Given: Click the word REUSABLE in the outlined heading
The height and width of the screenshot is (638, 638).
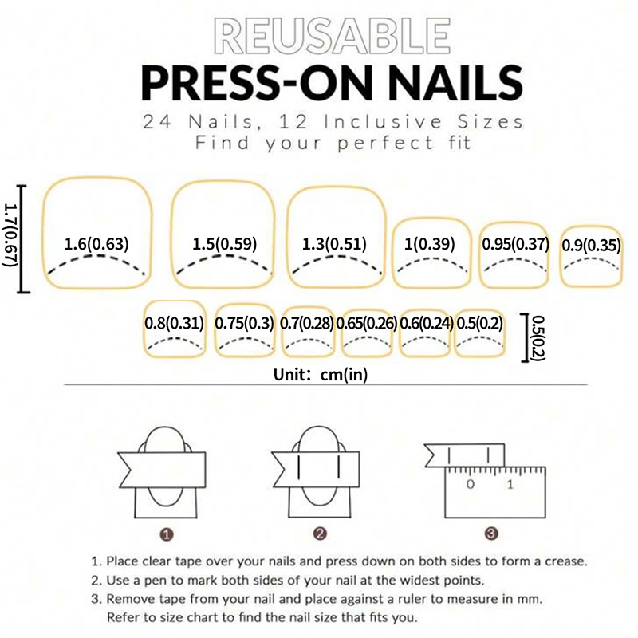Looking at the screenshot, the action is point(332,36).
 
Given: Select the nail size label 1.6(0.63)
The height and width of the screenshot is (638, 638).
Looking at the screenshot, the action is point(96,244).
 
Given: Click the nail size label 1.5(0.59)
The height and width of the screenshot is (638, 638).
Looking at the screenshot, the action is point(225,244).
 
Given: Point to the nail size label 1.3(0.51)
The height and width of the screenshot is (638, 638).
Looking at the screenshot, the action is point(334,244).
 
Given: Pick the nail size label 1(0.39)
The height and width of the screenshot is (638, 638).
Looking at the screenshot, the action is point(429,244).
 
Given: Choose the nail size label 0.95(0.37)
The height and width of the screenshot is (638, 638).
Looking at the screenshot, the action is point(515,244).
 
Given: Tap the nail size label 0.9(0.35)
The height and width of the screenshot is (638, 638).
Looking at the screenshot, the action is point(591,246).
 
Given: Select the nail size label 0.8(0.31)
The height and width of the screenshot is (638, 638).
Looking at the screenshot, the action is point(174,323).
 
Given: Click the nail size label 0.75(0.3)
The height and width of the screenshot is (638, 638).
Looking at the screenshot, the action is point(244,323).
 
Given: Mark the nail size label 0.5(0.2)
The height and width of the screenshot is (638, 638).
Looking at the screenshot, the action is point(479,323).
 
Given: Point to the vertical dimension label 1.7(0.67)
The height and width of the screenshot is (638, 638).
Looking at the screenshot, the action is point(11,235).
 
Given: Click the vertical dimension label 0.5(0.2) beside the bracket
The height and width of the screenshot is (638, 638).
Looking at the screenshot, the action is point(539,337).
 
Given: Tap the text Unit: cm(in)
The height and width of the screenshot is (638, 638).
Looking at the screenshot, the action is point(321,374).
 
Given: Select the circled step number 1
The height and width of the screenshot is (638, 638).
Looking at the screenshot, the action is point(167,534).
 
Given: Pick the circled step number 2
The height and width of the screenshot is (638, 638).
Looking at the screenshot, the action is point(320,534).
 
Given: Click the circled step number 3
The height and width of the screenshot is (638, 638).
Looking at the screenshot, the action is point(491,534).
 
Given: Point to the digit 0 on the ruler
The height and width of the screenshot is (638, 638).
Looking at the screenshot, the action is point(471,484).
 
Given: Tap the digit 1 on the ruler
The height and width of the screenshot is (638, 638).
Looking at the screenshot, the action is point(510,484).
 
